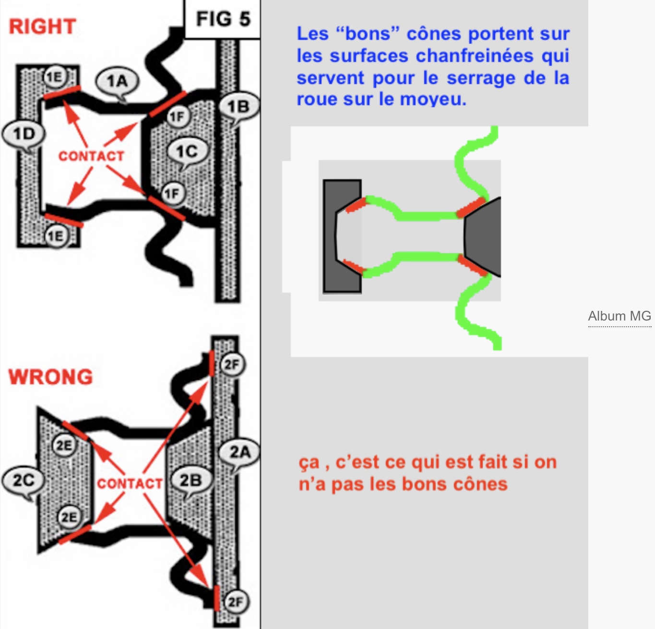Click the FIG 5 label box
pos(223,19)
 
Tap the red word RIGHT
pos(42,26)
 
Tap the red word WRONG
pos(50,377)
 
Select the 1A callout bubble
pos(117,82)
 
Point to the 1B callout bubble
pos(239,107)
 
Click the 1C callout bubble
pos(187,152)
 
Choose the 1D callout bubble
pos(24,134)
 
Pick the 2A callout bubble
pos(239,452)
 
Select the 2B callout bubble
pos(191,480)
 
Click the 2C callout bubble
pos(24,480)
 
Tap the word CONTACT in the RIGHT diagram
pos(92,156)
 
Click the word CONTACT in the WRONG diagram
pos(130,484)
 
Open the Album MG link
pos(619,316)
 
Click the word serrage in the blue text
pos(481,78)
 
